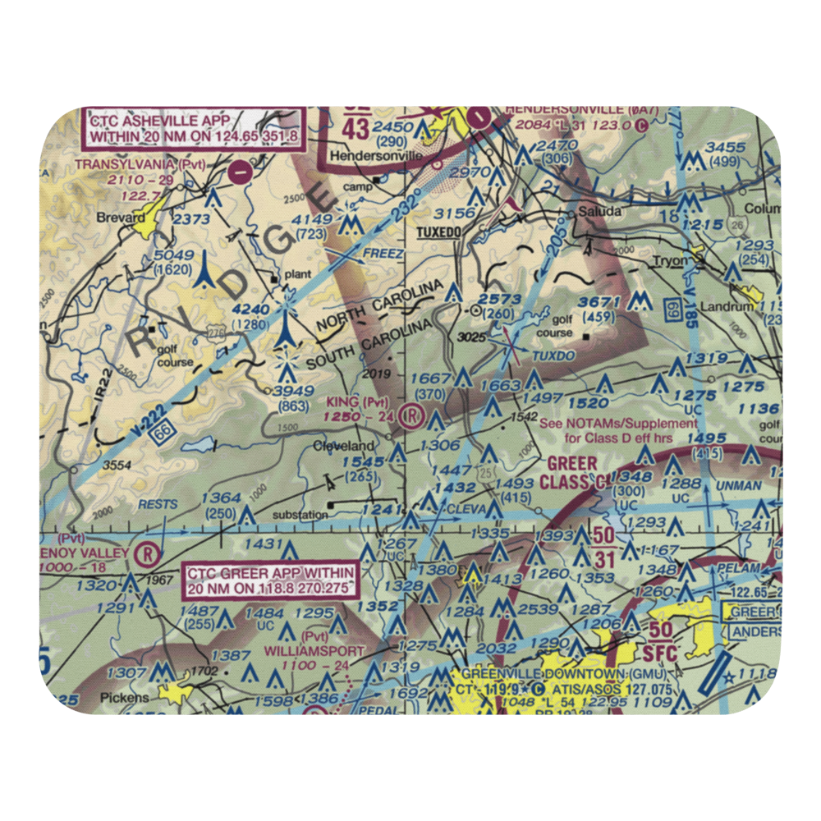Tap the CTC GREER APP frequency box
click(x=271, y=580)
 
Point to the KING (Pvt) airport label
click(x=356, y=401)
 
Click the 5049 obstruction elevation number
click(x=172, y=256)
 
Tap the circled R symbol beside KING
click(x=413, y=417)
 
